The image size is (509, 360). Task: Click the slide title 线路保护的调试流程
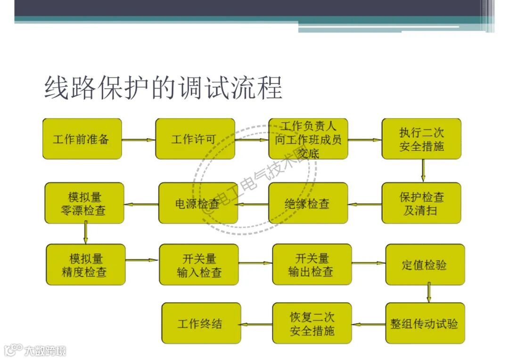click(163, 88)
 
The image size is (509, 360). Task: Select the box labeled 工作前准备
click(82, 139)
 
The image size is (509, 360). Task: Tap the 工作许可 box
click(195, 139)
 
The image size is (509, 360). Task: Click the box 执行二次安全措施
click(421, 139)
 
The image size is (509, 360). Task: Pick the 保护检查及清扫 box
click(421, 203)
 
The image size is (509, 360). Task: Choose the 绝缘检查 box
click(308, 203)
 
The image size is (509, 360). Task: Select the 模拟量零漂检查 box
click(84, 203)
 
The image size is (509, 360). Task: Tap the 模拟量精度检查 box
click(85, 265)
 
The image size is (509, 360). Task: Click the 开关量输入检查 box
click(199, 265)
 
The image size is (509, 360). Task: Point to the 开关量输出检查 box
click(312, 265)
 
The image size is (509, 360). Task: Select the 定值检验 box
click(425, 265)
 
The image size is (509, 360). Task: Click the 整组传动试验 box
click(425, 324)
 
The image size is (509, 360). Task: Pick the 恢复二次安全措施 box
click(312, 324)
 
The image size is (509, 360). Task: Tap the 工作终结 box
click(201, 324)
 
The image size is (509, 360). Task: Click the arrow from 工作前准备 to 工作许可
click(139, 139)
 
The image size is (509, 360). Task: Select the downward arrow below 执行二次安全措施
click(423, 171)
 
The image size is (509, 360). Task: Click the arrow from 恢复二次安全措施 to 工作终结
click(257, 324)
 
